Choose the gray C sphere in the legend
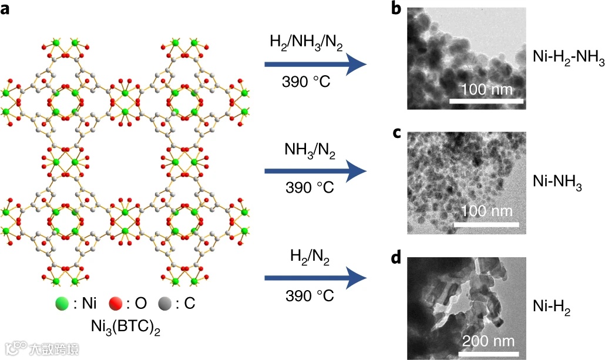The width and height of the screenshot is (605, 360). pyautogui.click(x=166, y=305)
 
